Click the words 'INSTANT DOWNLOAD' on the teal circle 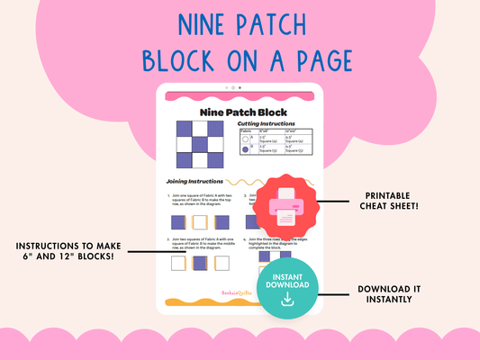[288, 280]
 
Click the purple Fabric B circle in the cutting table [246, 150]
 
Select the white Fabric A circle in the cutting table [246, 139]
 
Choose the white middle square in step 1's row [199, 221]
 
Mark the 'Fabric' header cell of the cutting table [247, 131]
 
